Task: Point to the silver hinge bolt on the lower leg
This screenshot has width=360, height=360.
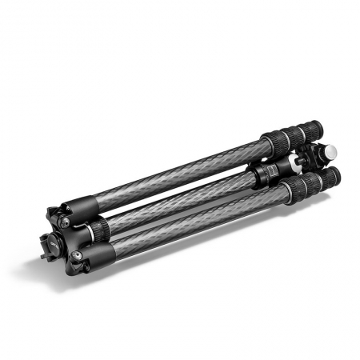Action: pos(76,255)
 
